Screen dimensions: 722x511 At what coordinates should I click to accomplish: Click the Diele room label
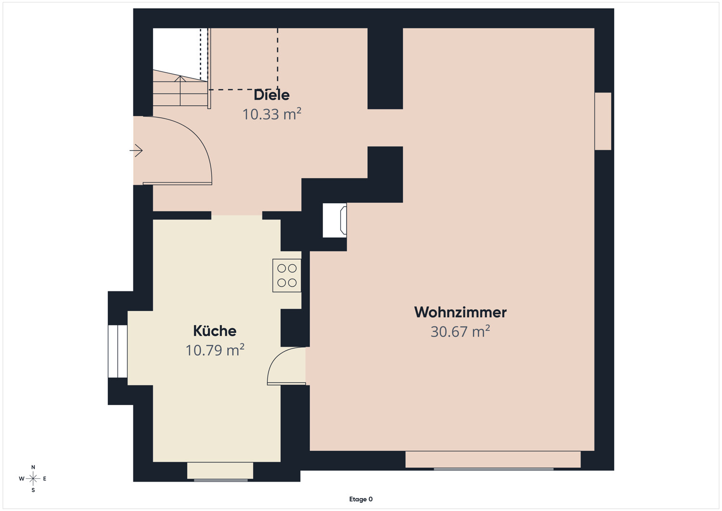(271, 95)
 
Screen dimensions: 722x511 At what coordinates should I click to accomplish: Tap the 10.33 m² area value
(272, 114)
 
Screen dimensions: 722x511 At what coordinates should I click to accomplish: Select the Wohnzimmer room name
(460, 312)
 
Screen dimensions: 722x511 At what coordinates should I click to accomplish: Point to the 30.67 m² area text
(460, 332)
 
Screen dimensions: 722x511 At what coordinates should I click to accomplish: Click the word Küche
(215, 331)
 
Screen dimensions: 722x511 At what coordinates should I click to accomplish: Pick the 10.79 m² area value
(215, 350)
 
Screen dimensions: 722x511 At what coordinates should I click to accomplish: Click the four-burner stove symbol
(287, 275)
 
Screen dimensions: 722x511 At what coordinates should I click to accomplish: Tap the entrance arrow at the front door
(136, 150)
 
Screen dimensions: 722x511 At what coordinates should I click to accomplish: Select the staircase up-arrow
(180, 91)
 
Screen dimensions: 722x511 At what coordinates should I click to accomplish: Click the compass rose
(33, 478)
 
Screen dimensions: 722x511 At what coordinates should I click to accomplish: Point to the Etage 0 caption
(361, 499)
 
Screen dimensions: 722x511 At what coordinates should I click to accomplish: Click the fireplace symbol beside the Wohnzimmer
(335, 220)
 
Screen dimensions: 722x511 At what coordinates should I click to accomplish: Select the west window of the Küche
(117, 351)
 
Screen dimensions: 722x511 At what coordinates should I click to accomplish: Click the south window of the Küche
(220, 472)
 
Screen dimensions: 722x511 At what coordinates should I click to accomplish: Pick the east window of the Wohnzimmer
(603, 121)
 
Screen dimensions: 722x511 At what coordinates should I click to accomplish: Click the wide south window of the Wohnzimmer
(493, 460)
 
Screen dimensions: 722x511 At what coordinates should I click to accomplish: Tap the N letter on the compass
(33, 467)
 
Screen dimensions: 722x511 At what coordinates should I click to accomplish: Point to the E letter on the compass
(44, 479)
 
